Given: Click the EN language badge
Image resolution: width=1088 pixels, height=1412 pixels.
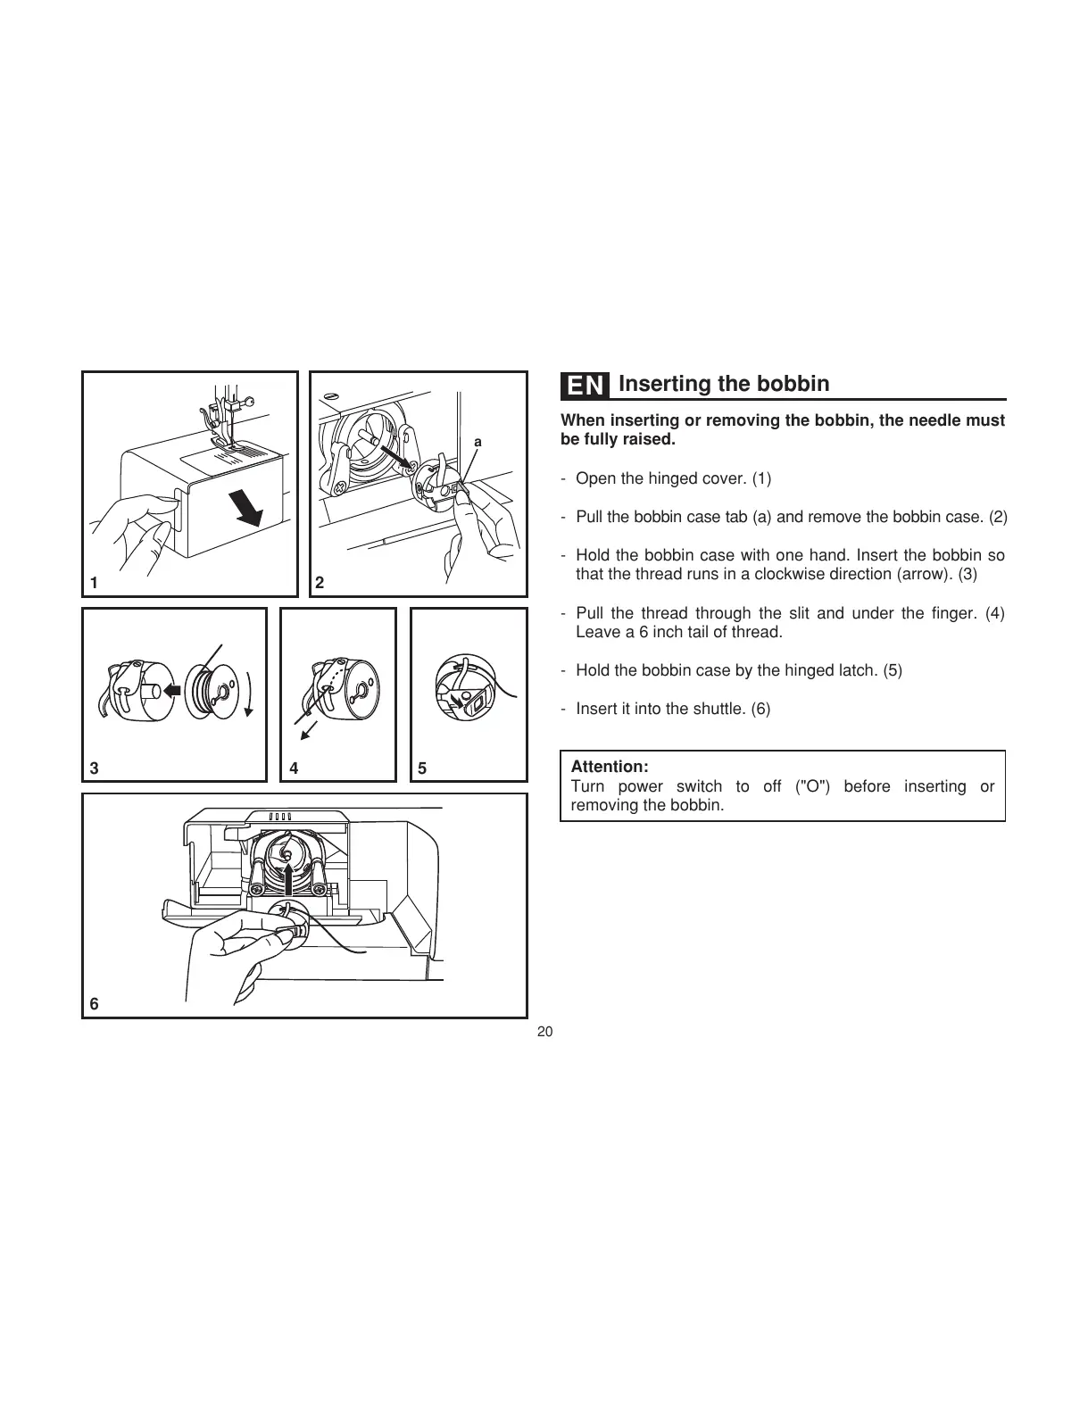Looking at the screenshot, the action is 586,386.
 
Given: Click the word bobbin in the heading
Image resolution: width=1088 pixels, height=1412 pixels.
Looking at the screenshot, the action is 793,384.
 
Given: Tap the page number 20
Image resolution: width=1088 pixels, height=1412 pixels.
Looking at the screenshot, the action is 545,1032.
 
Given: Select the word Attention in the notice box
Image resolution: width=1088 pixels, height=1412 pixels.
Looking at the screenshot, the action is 609,767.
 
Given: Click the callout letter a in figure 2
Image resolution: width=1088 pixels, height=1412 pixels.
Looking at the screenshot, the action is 478,442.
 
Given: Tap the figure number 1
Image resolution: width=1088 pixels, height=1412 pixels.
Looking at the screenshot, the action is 93,583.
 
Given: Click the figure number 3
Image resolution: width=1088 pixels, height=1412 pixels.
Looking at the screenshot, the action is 93,768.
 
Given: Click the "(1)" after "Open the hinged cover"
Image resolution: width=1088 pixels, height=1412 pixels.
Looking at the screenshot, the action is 761,478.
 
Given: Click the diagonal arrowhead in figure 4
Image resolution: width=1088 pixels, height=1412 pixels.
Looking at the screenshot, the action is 305,735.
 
